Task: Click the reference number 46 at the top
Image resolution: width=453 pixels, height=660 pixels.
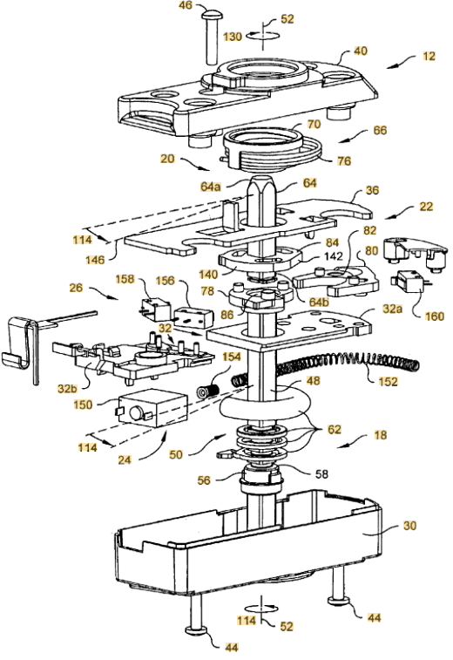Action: coord(186,5)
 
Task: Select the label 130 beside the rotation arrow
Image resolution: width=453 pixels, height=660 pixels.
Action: coord(233,37)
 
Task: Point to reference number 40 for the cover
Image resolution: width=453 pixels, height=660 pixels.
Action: coord(361,51)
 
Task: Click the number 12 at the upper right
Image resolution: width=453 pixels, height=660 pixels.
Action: coord(429,56)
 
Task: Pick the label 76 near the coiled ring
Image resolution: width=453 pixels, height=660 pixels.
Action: coord(343,161)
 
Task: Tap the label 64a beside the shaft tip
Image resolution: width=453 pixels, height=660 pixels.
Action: coord(210,186)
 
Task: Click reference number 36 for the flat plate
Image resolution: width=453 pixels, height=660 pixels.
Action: coord(373,190)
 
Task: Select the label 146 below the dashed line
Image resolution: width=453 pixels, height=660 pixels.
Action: coord(95,260)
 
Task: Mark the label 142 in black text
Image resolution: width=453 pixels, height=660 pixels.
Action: coord(334,256)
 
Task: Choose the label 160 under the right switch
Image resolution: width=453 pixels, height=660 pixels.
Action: coord(434,316)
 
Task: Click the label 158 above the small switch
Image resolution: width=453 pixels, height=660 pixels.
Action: coord(125,279)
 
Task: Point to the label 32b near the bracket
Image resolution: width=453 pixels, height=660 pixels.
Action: coord(68,388)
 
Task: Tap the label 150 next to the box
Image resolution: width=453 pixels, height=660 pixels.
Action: coord(83,405)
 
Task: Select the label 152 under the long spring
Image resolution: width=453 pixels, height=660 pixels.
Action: coord(388,381)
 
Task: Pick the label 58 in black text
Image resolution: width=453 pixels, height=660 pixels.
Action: coord(321,474)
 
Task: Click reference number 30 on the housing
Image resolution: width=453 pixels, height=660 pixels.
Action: coord(409,526)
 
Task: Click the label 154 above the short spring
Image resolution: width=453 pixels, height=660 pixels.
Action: coord(232,357)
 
